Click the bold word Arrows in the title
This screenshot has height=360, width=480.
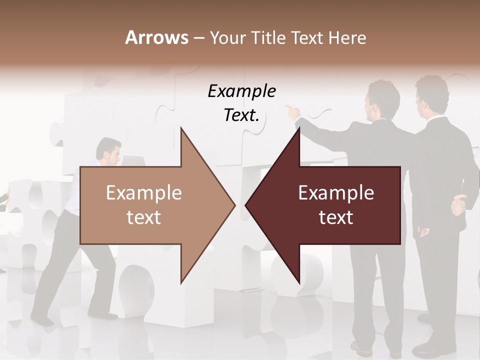[156, 37]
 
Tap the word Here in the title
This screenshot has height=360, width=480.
[347, 37]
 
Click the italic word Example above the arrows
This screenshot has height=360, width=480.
[241, 91]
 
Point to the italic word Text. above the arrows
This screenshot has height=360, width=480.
[241, 115]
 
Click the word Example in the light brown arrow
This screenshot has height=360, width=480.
[144, 193]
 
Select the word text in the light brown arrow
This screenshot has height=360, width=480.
[144, 217]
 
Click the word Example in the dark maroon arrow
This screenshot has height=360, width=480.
[336, 193]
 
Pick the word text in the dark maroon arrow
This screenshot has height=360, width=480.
[336, 217]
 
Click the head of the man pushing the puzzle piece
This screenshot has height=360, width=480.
[108, 150]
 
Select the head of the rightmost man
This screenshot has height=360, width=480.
[431, 92]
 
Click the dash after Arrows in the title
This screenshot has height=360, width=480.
[198, 38]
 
